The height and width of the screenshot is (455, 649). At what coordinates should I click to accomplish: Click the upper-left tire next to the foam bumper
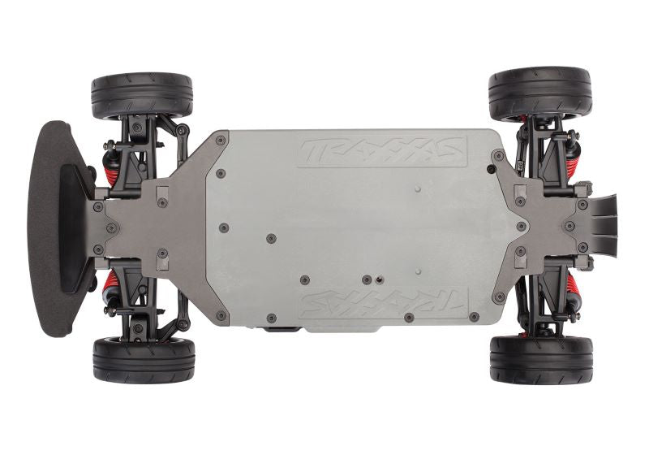tap(142, 96)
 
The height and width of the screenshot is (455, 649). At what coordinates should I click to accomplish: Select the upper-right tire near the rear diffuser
tap(539, 93)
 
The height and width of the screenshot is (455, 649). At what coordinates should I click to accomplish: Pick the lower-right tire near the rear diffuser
tap(541, 358)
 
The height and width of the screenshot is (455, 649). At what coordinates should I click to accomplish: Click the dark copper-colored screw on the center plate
tap(378, 279)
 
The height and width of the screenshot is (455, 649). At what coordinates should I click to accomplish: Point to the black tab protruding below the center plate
tap(280, 329)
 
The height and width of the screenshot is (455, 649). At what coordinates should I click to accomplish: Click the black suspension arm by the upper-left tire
tap(166, 130)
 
